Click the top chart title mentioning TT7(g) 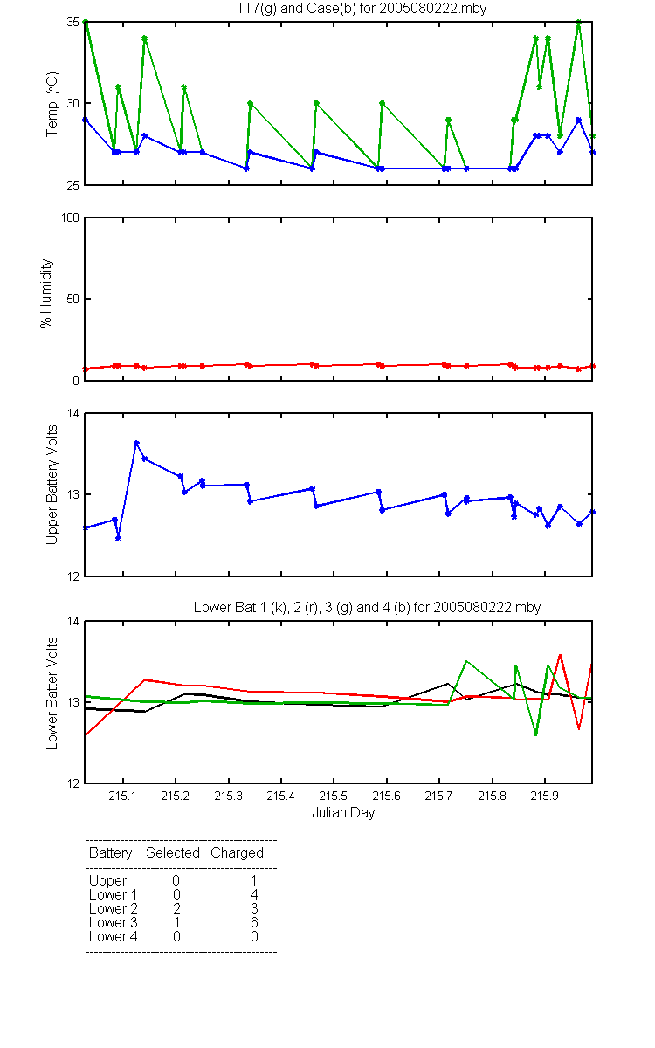click(362, 9)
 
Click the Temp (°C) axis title click(52, 104)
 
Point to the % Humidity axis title click(45, 293)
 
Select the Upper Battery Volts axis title click(52, 485)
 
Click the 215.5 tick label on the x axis click(333, 796)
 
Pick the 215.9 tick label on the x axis click(545, 796)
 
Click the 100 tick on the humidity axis click(70, 218)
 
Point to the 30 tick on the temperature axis click(73, 103)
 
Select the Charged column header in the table click(237, 853)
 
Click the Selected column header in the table click(173, 852)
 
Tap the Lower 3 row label click(114, 922)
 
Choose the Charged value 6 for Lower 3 click(254, 922)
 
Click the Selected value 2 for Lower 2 click(176, 908)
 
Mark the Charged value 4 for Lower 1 click(254, 894)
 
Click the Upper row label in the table click(107, 881)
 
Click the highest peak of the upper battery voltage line click(136, 443)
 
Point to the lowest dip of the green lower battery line click(536, 735)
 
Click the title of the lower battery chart click(368, 607)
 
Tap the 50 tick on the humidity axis click(73, 299)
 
